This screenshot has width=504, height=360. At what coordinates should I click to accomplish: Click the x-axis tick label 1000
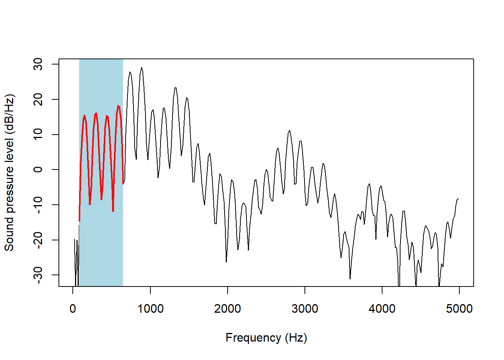(150, 309)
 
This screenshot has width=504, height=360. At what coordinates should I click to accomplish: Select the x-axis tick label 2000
(227, 309)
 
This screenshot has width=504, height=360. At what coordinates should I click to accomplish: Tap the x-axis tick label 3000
(304, 309)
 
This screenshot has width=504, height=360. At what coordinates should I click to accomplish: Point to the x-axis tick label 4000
(382, 309)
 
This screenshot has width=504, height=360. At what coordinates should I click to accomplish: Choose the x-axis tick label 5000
(459, 309)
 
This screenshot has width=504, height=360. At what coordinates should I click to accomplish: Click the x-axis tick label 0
(73, 309)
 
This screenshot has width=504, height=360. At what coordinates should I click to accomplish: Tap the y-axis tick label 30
(38, 64)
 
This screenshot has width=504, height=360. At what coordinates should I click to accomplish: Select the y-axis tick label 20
(38, 99)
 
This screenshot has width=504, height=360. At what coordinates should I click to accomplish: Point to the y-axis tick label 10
(38, 135)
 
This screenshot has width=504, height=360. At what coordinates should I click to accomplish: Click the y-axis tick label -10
(38, 205)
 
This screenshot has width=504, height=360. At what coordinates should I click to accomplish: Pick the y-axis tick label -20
(38, 240)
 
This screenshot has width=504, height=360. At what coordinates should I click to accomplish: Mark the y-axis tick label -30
(38, 275)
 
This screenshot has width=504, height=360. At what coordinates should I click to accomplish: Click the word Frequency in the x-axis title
(253, 338)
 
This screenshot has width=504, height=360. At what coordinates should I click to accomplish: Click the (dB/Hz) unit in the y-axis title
(9, 114)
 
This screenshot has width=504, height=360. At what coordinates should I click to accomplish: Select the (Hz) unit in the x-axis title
(296, 338)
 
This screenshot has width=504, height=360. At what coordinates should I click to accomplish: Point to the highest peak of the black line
(141, 68)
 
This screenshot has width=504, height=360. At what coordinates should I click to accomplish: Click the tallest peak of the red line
(118, 106)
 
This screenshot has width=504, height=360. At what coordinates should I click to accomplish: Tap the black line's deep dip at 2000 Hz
(226, 261)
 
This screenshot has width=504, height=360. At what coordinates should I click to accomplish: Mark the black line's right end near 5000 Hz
(458, 199)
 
